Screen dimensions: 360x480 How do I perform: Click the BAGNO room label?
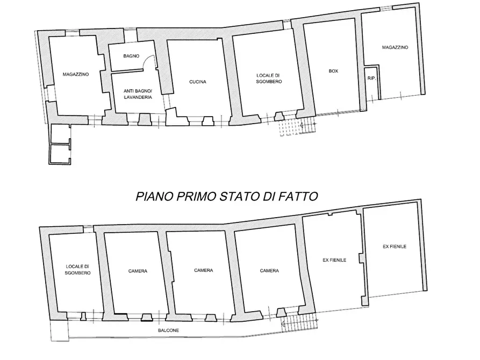(131, 56)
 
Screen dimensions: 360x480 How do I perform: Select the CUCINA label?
(198, 82)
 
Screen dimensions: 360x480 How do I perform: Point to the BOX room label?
(333, 71)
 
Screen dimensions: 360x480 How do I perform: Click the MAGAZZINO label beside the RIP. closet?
(395, 48)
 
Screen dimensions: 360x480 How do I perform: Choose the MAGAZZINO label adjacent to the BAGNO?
(75, 74)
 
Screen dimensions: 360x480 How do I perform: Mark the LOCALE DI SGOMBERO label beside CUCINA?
(269, 78)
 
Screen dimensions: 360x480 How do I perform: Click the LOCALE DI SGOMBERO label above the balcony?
(78, 270)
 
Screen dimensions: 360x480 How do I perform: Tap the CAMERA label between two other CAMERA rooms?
(203, 270)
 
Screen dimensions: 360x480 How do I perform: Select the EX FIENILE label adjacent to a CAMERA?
(335, 260)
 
